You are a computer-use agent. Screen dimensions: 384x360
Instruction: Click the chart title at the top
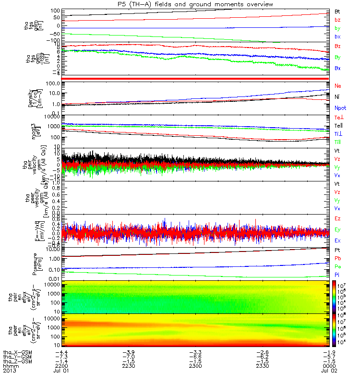(x=184, y=4)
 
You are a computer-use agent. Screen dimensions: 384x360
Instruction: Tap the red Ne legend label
(x=338, y=85)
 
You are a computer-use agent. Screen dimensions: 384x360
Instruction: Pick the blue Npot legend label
(x=340, y=108)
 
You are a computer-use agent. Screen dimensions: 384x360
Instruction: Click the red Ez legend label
(x=338, y=218)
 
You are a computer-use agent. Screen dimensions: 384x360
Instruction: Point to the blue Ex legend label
(x=338, y=240)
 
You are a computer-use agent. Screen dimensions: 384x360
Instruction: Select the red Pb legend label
(x=338, y=258)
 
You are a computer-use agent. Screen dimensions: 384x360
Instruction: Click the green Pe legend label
(x=338, y=266)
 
